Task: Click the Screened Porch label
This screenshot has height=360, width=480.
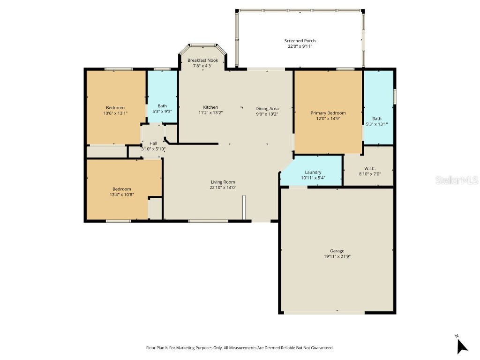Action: pyautogui.click(x=300, y=41)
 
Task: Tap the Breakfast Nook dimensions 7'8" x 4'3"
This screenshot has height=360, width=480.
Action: pyautogui.click(x=202, y=66)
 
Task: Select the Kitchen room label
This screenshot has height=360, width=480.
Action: pyautogui.click(x=210, y=107)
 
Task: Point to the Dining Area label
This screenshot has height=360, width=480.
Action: pyautogui.click(x=267, y=108)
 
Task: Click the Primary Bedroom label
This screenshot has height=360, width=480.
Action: pyautogui.click(x=328, y=113)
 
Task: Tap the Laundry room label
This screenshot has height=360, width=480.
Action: pyautogui.click(x=313, y=172)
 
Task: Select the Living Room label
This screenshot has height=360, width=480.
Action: pyautogui.click(x=223, y=182)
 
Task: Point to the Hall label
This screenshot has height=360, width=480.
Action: pyautogui.click(x=153, y=143)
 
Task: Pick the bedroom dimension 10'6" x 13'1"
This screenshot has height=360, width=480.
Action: pyautogui.click(x=115, y=113)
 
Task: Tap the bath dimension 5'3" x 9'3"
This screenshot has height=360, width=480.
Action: pyautogui.click(x=162, y=112)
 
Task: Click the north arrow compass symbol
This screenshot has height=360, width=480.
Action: pyautogui.click(x=462, y=345)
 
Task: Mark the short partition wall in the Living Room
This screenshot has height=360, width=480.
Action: pyautogui.click(x=244, y=207)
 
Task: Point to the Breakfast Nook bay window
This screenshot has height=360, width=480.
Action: pyautogui.click(x=202, y=46)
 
